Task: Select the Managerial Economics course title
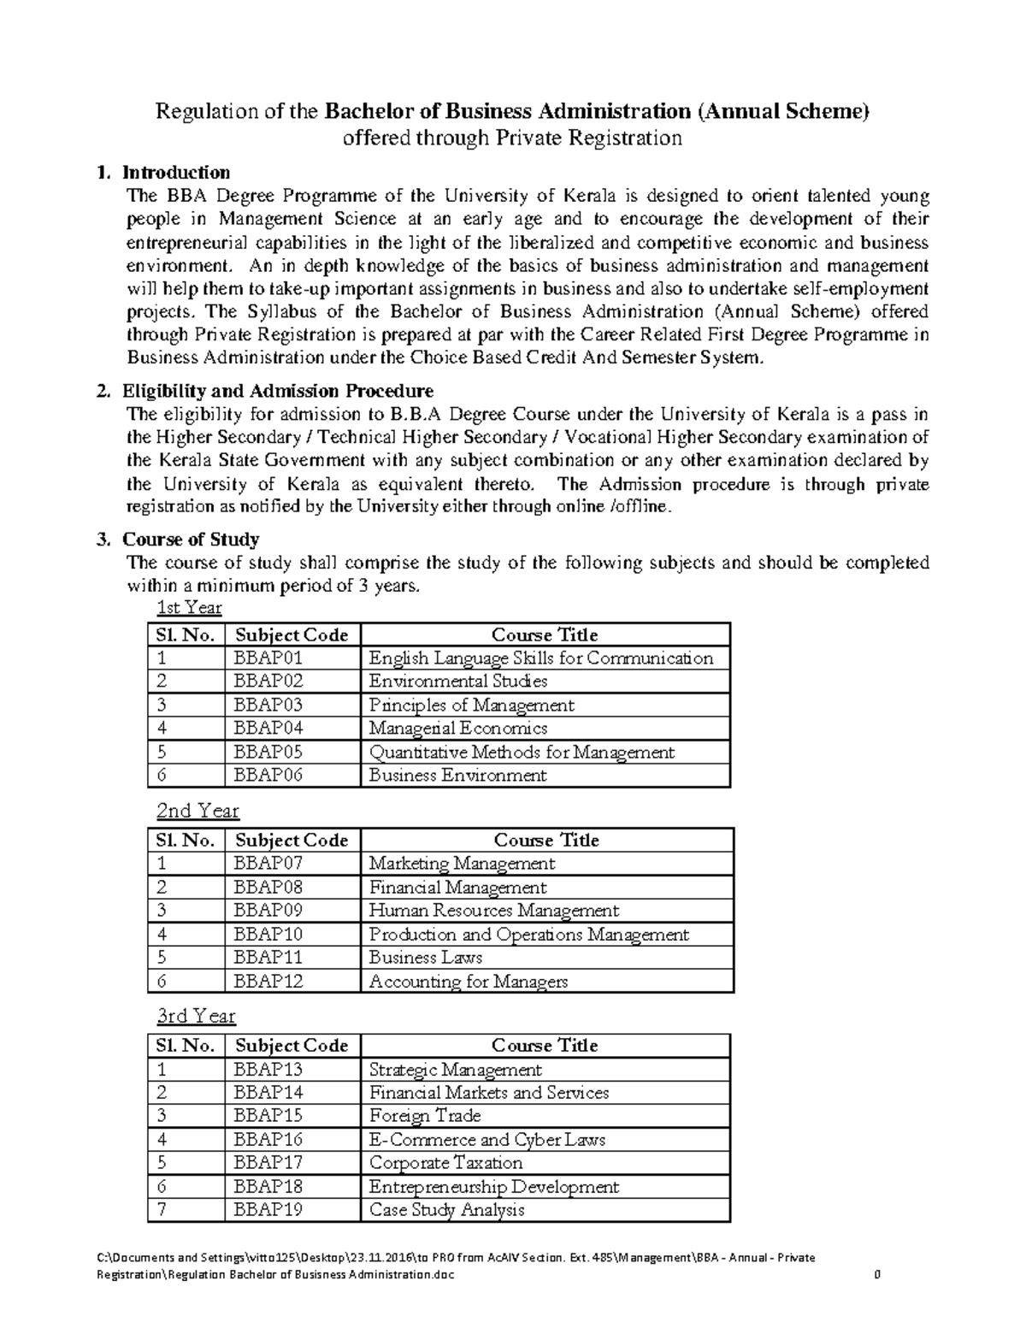457,729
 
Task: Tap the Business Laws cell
425,958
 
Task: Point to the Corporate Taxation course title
445,1163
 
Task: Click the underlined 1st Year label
189,608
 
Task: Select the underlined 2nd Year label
198,811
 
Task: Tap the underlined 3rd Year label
196,1016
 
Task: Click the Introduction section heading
176,173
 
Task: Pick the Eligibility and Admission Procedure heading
278,392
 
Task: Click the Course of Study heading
191,540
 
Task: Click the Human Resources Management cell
493,911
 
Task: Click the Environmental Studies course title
457,682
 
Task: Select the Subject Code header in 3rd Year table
292,1046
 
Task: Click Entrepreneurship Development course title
493,1187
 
